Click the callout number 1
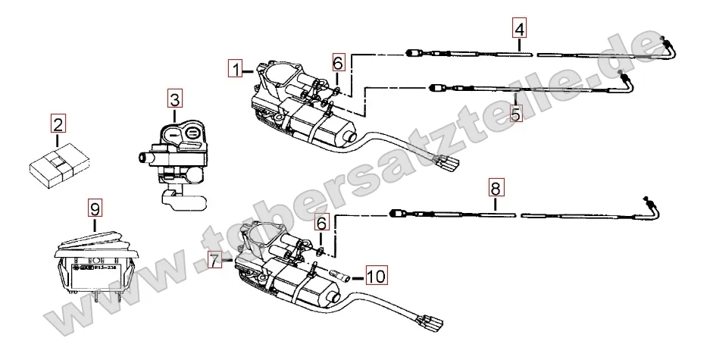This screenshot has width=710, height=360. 237,70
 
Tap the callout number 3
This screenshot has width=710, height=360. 175,99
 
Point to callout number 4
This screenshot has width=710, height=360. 518,30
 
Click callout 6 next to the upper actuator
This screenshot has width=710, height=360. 338,61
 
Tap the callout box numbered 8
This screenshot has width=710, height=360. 494,186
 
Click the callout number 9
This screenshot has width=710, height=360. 94,207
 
